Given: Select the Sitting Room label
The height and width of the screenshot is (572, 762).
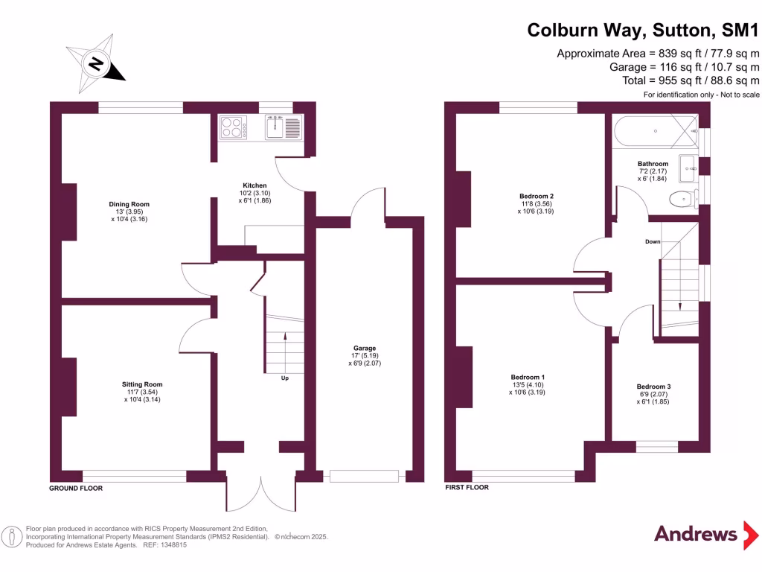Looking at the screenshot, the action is pyautogui.click(x=142, y=384).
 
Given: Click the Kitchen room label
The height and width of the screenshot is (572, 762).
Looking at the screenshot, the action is pyautogui.click(x=254, y=185).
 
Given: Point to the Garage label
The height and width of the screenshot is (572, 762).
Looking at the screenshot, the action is pyautogui.click(x=365, y=348).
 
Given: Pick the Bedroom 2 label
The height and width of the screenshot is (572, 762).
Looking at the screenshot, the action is pyautogui.click(x=536, y=197).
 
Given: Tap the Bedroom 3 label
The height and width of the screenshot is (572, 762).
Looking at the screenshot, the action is pyautogui.click(x=653, y=387).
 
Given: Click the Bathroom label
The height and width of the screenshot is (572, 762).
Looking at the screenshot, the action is pyautogui.click(x=653, y=164).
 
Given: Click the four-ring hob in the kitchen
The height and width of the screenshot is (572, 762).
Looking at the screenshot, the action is pyautogui.click(x=235, y=127).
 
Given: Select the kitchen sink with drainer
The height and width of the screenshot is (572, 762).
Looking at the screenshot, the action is pyautogui.click(x=282, y=127).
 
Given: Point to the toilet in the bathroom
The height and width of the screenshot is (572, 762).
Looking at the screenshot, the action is pyautogui.click(x=680, y=199).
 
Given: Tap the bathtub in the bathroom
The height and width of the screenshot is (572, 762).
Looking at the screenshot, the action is pyautogui.click(x=655, y=131).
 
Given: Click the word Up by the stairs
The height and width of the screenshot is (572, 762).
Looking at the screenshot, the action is pyautogui.click(x=285, y=378).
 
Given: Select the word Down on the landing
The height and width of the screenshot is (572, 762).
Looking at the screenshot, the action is pyautogui.click(x=653, y=242).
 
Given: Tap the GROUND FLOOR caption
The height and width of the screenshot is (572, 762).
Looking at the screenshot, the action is pyautogui.click(x=76, y=489).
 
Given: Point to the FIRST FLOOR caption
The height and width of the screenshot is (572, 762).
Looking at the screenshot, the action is pyautogui.click(x=467, y=488).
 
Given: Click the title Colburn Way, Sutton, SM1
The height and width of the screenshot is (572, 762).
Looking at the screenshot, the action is pyautogui.click(x=643, y=30).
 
